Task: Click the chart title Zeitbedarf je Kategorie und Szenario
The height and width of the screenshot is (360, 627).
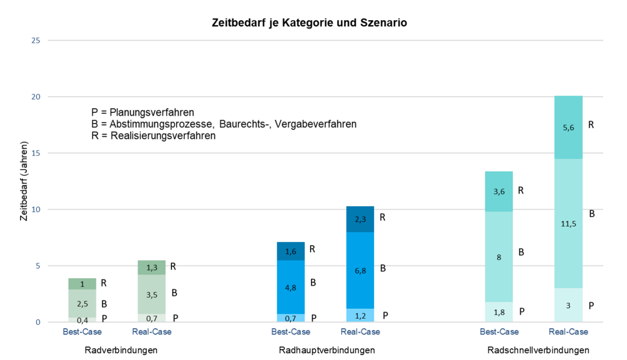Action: [309, 23]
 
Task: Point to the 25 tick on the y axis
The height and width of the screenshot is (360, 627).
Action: [36, 40]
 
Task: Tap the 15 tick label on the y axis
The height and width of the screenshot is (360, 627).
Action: [36, 153]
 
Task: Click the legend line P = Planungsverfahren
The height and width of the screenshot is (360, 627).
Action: [143, 113]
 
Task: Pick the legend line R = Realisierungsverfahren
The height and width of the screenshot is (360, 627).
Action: [153, 136]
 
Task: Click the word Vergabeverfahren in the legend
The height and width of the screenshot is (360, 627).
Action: [315, 124]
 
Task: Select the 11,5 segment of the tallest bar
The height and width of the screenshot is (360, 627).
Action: [568, 223]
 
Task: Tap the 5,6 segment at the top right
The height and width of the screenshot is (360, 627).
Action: [568, 127]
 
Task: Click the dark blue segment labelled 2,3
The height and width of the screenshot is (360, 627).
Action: [360, 219]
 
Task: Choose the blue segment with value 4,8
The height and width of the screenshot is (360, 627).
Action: [290, 287]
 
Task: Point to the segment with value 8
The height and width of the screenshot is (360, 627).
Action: [499, 257]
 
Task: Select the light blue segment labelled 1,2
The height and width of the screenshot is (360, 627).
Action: [360, 315]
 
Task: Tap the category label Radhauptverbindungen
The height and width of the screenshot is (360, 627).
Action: [327, 350]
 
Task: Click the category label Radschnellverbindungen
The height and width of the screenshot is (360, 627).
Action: [538, 350]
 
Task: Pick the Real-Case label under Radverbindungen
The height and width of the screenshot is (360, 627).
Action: [152, 332]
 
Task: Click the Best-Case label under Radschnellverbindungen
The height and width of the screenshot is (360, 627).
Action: [499, 332]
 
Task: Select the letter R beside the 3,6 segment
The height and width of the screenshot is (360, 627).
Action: [521, 191]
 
